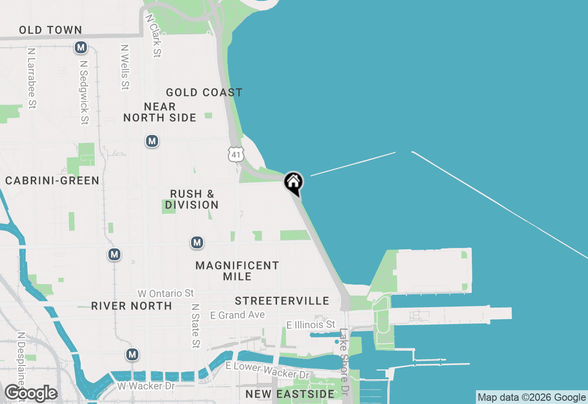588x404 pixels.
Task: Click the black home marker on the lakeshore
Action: (293, 183)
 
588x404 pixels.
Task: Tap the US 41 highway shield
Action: (236, 155)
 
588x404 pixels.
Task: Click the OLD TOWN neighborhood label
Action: (51, 30)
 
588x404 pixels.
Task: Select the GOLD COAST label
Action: (204, 93)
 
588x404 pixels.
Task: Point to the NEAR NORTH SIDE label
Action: (160, 112)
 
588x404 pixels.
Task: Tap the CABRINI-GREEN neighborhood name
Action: (52, 181)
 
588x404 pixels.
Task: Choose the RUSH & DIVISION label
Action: (192, 199)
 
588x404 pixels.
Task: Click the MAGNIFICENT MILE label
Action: (237, 271)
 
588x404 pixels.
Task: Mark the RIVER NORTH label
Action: (131, 306)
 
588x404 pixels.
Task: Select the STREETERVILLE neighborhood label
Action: (282, 301)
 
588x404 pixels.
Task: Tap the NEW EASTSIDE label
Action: (290, 394)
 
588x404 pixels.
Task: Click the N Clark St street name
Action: (153, 36)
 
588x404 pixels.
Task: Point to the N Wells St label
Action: (124, 67)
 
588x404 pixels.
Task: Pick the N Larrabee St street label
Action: (31, 79)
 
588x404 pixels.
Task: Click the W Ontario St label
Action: (166, 293)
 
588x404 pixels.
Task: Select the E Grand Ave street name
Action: (237, 315)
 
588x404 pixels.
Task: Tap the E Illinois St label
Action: (311, 325)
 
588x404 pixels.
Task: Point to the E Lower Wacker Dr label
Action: (267, 370)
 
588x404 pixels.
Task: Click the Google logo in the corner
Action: (31, 393)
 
